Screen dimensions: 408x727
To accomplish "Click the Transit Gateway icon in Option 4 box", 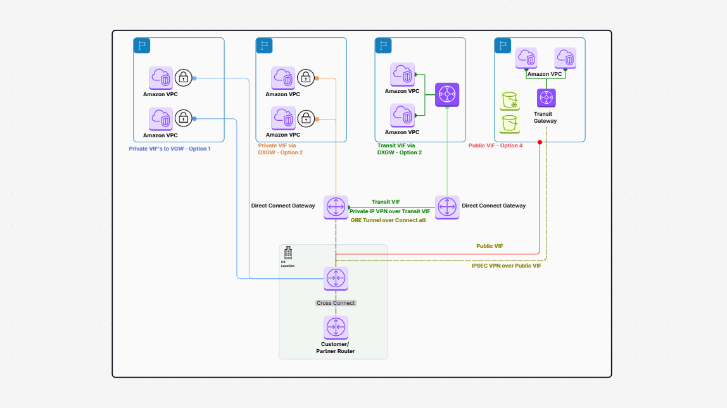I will pos(546,99).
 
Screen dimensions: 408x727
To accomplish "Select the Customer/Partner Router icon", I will pos(336,328).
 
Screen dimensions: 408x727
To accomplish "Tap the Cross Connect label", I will pos(336,303).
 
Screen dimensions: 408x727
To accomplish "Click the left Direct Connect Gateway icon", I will pos(336,207).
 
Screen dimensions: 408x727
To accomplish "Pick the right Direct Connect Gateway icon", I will pos(447,207).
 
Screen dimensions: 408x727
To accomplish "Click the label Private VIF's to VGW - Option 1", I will pos(170,148).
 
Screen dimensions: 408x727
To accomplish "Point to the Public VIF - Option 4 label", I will pos(496,145).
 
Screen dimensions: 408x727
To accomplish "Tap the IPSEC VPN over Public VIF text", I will pos(506,266).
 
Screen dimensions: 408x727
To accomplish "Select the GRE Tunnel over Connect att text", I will pos(388,219).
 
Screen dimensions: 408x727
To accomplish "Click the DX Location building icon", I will pos(288,253).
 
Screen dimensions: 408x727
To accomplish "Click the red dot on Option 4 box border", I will pos(540,142).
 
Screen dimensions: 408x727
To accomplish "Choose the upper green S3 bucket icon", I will pos(510,101).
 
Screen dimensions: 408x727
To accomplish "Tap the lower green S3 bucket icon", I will pos(510,123).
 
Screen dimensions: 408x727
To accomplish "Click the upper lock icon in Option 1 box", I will pos(184,78).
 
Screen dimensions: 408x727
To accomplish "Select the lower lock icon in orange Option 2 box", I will pos(306,118).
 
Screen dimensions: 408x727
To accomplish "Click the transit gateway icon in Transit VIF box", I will pos(447,94).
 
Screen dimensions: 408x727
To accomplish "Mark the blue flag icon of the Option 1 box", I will pos(141,46).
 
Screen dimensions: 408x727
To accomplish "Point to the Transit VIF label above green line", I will pos(386,202).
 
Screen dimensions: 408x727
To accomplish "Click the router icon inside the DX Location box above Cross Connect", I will pos(336,278).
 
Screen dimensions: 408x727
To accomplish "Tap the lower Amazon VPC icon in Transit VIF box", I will pos(402,115).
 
